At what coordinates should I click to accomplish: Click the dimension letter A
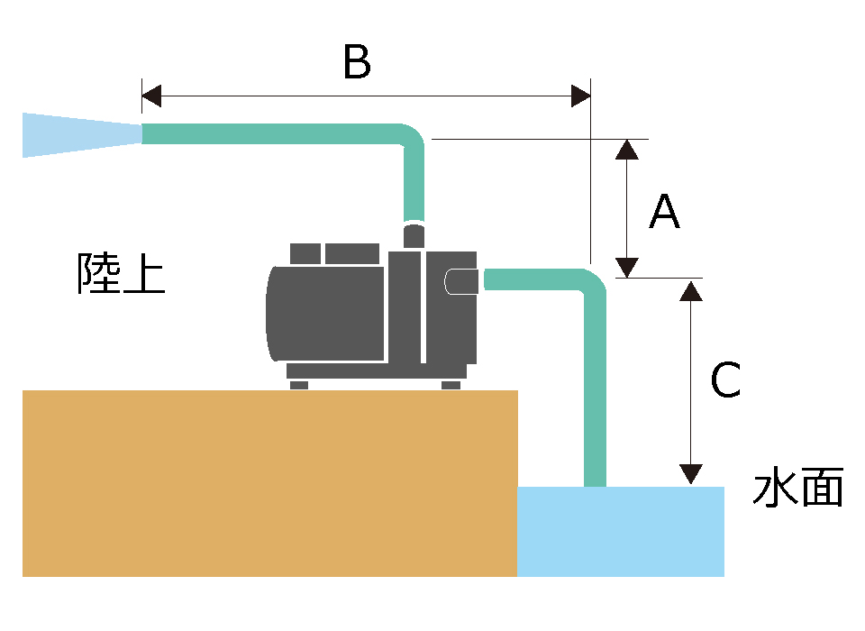point(664,213)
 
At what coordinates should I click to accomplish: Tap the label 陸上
point(121,273)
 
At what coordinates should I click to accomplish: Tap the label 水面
point(797,489)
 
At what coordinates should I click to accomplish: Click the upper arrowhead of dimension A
point(627,150)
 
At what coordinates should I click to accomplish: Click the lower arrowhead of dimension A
point(627,268)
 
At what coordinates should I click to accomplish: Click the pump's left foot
point(299,385)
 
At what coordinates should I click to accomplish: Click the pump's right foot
point(451,385)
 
